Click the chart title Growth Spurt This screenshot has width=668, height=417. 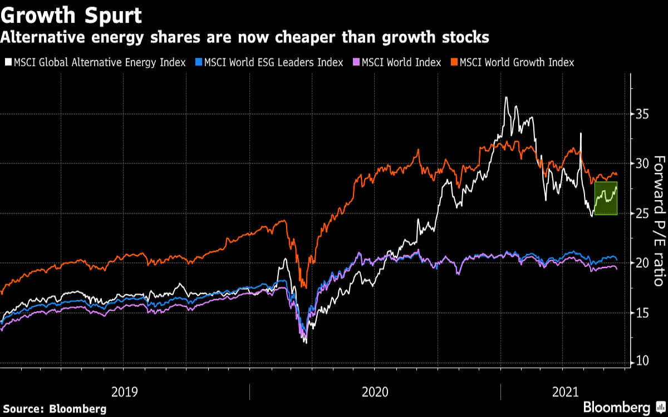tap(71, 15)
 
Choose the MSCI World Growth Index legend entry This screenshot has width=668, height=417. tap(516, 62)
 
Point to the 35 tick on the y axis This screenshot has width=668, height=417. tap(643, 115)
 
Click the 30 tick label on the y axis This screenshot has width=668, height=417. tap(643, 164)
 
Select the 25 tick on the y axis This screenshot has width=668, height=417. tap(643, 214)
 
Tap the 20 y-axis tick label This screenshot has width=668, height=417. tap(643, 263)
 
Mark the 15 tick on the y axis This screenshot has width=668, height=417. tap(643, 312)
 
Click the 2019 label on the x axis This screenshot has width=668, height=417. tap(125, 392)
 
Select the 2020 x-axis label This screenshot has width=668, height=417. tap(375, 392)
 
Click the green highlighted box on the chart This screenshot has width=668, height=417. tap(606, 198)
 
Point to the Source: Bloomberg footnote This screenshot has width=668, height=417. tap(53, 409)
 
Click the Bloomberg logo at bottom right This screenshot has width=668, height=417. tap(617, 407)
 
